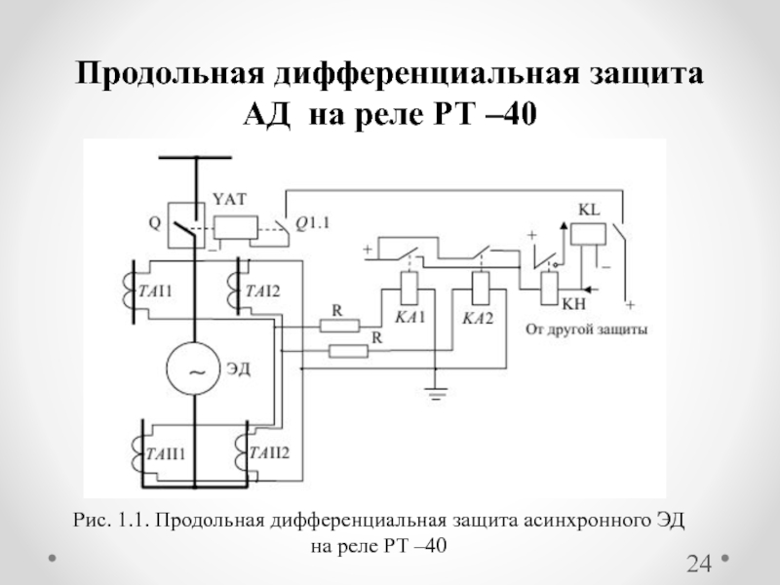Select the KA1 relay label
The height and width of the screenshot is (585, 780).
408,318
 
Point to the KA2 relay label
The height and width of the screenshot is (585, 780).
478,318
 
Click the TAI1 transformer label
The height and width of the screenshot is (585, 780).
156,291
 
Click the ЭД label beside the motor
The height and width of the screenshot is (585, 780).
240,369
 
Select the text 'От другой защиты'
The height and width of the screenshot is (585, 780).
586,329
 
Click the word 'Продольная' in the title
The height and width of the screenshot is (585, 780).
170,75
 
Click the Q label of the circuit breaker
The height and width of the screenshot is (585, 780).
153,221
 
